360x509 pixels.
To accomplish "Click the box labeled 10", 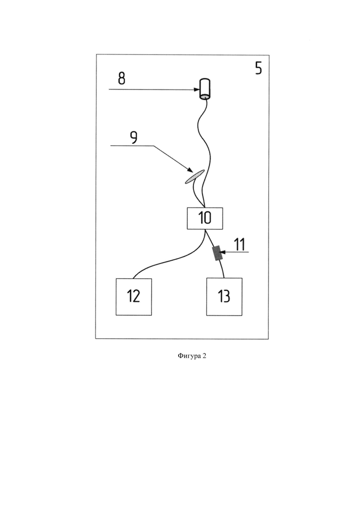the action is [x=205, y=218].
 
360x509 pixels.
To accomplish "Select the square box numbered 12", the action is [x=134, y=297].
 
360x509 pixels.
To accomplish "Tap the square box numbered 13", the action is [x=224, y=297].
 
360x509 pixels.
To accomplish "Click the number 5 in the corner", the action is [x=258, y=68].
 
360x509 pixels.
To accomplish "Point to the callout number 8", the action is [x=121, y=78].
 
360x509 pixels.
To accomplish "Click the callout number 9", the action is [x=133, y=138].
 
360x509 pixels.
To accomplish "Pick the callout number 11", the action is [x=240, y=245].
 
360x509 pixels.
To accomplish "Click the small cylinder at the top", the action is [x=204, y=89].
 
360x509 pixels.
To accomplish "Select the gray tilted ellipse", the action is [x=195, y=177].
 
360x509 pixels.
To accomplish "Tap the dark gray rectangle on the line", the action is [x=217, y=253].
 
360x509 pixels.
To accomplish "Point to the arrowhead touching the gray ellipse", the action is [x=189, y=169].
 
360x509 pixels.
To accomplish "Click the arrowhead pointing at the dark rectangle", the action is [x=222, y=252].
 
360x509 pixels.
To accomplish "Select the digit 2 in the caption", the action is [x=204, y=356].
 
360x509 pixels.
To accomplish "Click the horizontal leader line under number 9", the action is [x=132, y=146].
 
